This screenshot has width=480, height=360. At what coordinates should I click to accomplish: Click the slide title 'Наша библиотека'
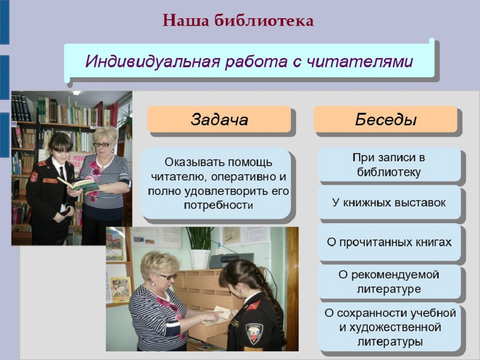[x=238, y=21]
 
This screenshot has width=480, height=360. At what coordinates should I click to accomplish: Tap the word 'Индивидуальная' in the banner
[x=153, y=61]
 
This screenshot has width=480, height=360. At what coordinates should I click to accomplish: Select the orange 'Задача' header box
[x=219, y=120]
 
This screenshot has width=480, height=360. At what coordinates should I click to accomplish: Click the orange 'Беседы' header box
[x=385, y=120]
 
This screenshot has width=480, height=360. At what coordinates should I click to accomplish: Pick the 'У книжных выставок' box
[x=389, y=203]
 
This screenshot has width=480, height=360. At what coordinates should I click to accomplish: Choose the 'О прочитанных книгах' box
[x=389, y=242]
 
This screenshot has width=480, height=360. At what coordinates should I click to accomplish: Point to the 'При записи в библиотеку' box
[x=389, y=165]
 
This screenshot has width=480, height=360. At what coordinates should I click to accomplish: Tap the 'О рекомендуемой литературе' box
[x=389, y=282]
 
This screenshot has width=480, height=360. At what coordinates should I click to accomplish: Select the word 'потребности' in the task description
[x=218, y=205]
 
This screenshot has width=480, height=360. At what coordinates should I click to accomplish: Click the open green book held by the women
[x=80, y=185]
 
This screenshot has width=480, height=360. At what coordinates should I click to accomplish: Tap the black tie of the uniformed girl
[x=62, y=178]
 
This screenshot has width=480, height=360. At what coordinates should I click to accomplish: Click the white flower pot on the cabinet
[x=199, y=259]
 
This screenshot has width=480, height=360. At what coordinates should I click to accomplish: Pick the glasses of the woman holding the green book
[x=102, y=144]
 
